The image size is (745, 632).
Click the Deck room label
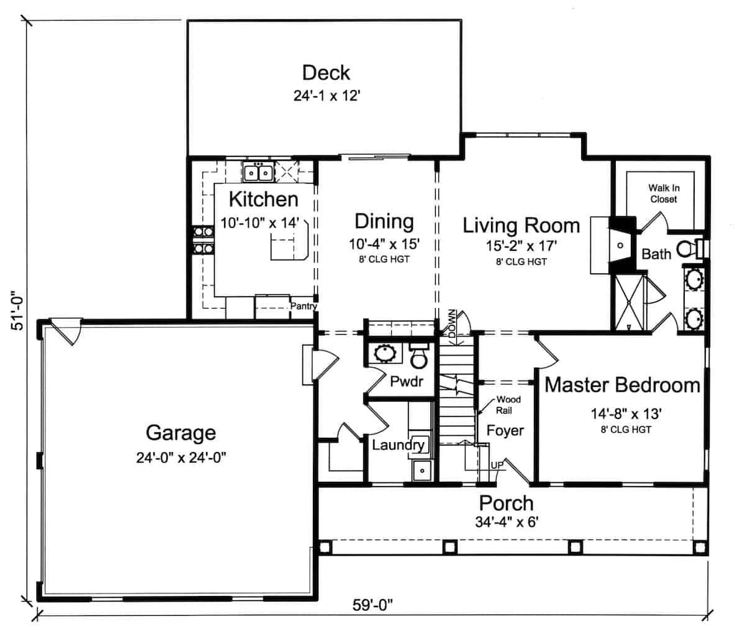point(326,73)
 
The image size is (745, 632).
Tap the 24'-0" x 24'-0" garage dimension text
point(181,458)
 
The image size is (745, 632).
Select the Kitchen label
point(263,200)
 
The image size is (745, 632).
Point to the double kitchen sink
point(258,171)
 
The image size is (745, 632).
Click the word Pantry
point(304,306)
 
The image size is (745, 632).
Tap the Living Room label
point(521,225)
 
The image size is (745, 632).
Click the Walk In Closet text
point(662,193)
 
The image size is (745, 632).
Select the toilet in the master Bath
point(686,249)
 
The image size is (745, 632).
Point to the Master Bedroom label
point(622,385)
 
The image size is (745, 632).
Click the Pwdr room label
point(407,381)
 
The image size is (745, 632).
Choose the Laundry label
point(398,445)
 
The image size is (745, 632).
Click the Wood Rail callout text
point(508,405)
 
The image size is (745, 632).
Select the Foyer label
point(505,430)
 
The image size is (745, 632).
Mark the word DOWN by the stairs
point(451,323)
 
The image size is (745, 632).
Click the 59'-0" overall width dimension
point(372,605)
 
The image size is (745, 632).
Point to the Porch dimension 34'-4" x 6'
point(506,522)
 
